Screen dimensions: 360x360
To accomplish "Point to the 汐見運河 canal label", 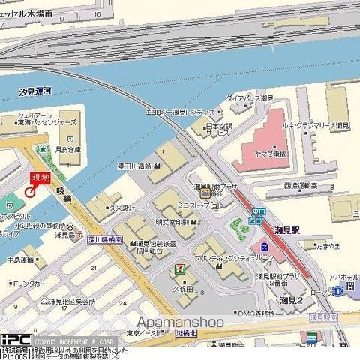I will (x=35, y=91).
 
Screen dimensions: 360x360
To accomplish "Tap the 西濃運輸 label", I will (x=301, y=185).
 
